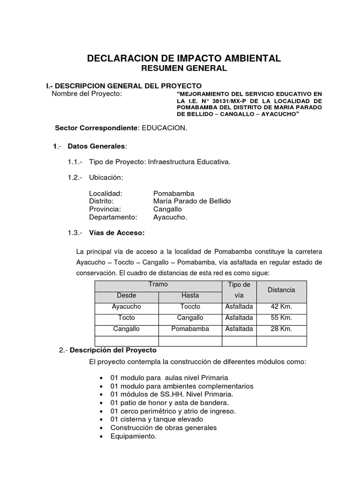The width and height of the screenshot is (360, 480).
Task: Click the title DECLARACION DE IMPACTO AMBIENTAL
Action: (184, 58)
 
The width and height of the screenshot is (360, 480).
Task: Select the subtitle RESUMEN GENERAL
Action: (184, 68)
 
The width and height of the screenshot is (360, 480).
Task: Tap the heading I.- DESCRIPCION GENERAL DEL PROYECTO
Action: (124, 86)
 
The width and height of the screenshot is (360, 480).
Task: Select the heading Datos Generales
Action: (97, 146)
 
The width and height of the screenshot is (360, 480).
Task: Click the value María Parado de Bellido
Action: (192, 201)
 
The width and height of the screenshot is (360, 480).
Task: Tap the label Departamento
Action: (113, 217)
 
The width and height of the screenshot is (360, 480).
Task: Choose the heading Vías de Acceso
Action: (117, 233)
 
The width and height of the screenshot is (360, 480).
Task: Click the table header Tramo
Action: (158, 285)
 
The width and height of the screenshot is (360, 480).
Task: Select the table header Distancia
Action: (281, 290)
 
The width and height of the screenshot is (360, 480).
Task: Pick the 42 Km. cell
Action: (281, 307)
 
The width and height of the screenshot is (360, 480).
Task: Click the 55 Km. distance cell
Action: (281, 318)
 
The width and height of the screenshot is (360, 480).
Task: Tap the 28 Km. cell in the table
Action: (281, 329)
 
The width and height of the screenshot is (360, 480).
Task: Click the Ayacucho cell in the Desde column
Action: (127, 307)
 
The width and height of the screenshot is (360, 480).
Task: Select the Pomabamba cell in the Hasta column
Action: (190, 329)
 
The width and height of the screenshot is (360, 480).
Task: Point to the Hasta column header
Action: (190, 295)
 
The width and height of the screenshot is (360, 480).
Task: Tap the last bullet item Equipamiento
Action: (133, 436)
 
